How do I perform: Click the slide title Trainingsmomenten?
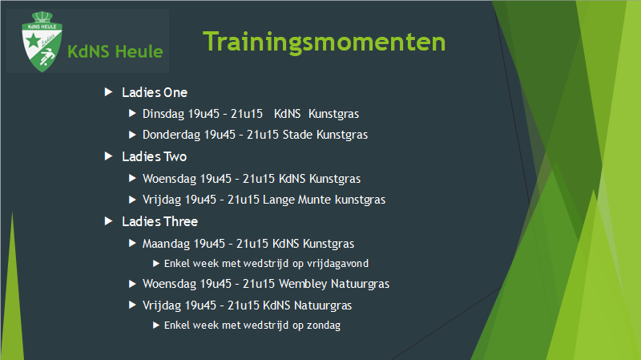(325, 42)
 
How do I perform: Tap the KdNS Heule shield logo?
(42, 42)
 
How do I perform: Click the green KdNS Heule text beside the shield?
(115, 52)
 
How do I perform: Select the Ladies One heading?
(155, 92)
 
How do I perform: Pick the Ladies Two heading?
(154, 156)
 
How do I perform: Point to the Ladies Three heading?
(159, 222)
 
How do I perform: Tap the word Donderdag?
(171, 135)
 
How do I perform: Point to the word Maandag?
(166, 244)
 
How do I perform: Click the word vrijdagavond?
(337, 264)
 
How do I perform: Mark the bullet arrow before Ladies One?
(108, 92)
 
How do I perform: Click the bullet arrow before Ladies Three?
(108, 221)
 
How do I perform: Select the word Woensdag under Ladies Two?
(169, 179)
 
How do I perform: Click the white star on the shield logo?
(33, 41)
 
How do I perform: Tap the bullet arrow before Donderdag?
(132, 135)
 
